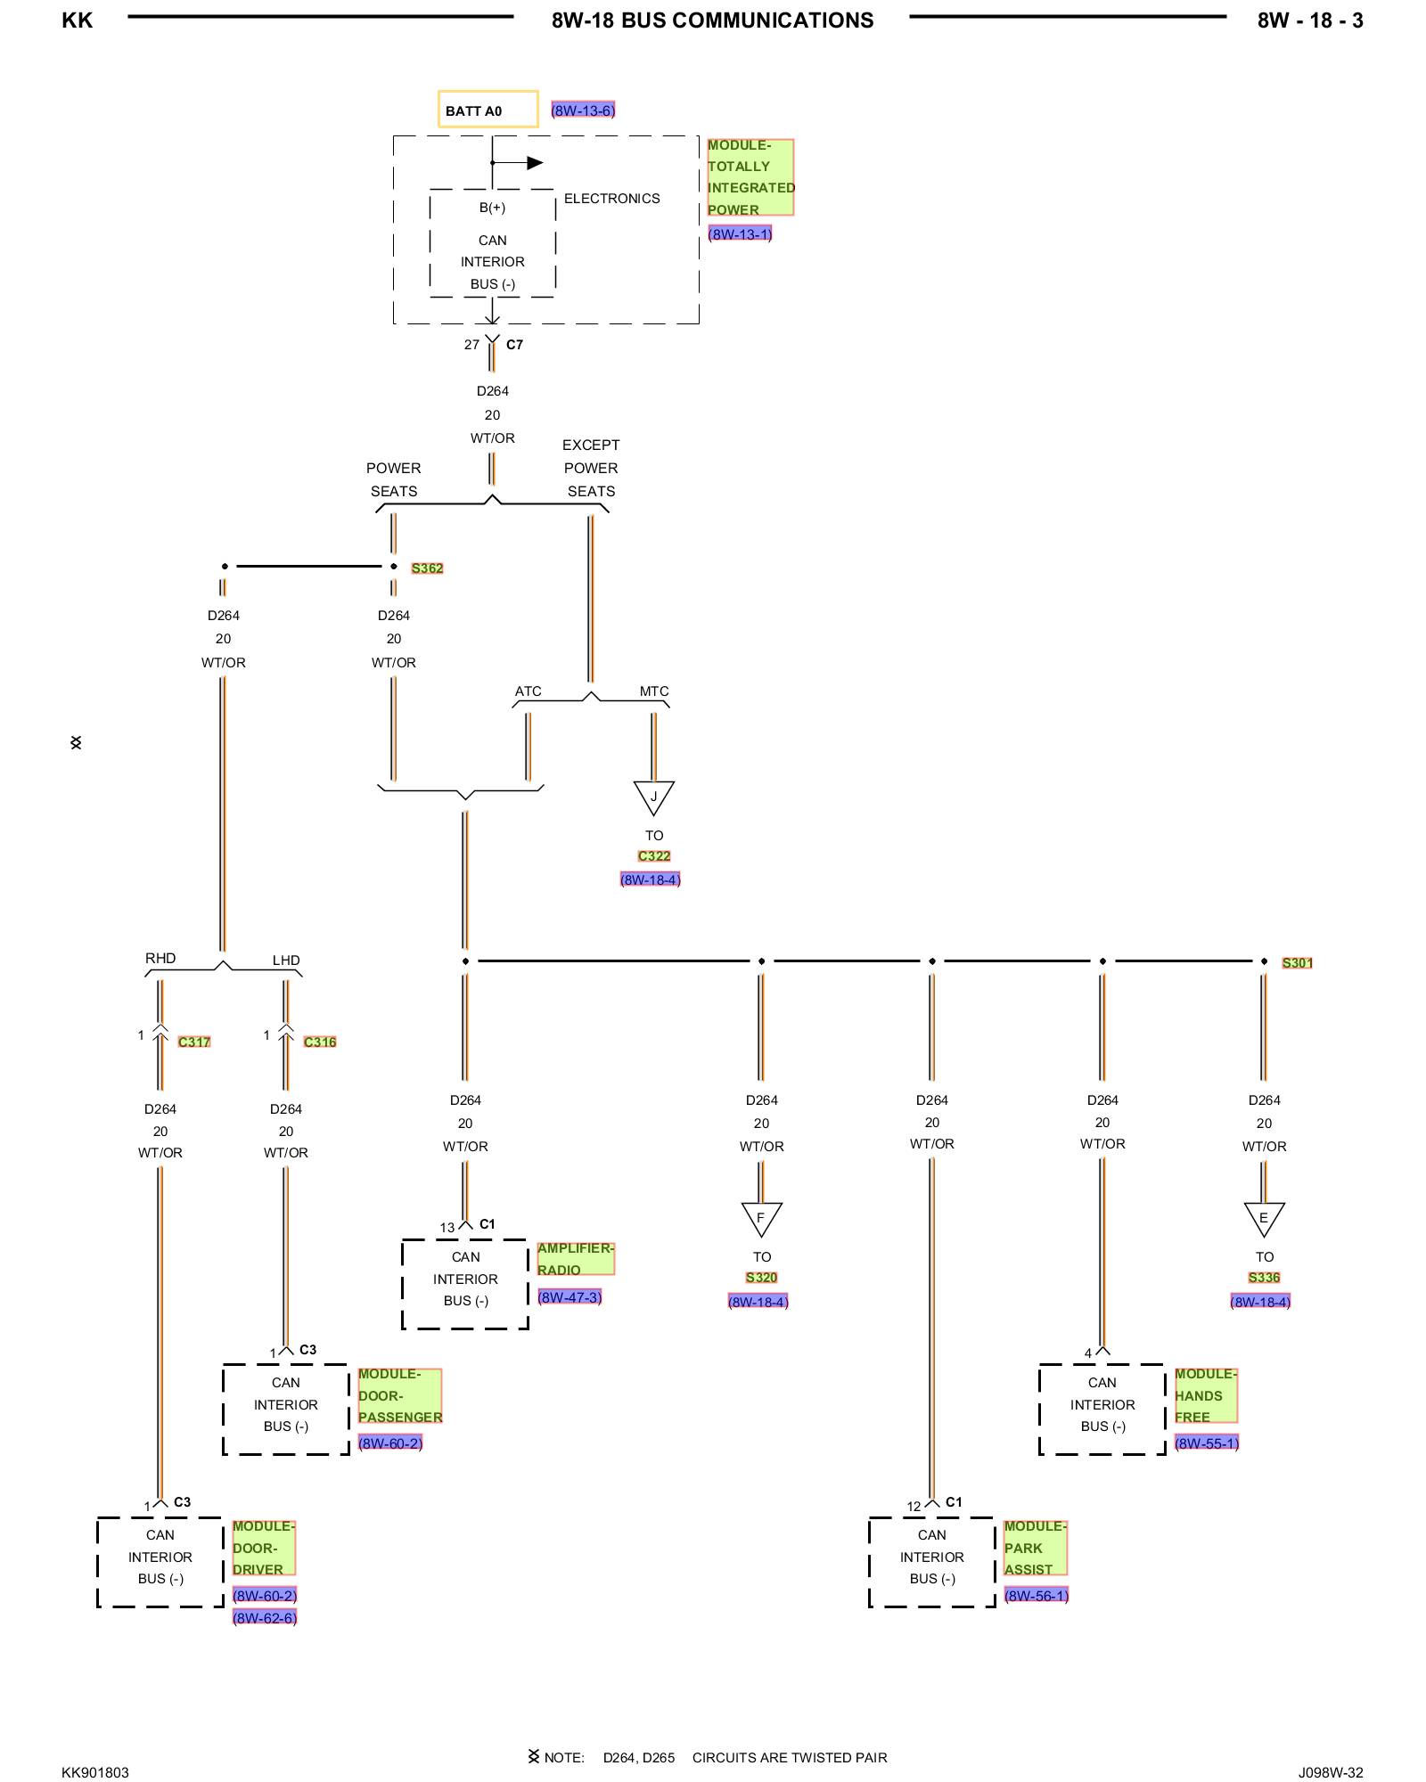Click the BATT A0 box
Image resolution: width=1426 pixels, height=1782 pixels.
click(488, 110)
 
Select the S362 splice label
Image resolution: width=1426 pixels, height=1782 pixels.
click(427, 568)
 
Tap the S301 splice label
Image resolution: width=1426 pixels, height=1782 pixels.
click(1297, 963)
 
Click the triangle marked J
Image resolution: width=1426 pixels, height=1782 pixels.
click(653, 796)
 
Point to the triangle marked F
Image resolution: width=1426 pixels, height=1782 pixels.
click(761, 1217)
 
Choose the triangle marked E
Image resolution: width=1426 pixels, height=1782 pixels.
click(1264, 1217)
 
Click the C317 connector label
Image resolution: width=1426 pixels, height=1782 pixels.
click(194, 1042)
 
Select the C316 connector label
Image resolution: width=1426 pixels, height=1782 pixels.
click(320, 1042)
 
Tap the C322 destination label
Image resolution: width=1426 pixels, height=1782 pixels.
click(654, 856)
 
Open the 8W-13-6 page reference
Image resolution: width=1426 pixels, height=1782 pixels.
click(583, 110)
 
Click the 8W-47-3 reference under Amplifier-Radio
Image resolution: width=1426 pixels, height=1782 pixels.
click(570, 1297)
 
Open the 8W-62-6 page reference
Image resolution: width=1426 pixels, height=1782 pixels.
click(265, 1617)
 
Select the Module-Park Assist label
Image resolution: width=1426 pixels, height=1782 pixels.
click(1035, 1548)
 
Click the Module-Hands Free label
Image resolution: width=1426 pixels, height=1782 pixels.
click(1205, 1395)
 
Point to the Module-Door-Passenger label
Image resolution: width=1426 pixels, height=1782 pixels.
click(399, 1395)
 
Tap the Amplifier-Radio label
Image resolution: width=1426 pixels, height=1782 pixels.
click(575, 1259)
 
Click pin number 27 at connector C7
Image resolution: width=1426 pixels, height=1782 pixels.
click(471, 345)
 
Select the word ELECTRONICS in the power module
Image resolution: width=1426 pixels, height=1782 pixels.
click(611, 199)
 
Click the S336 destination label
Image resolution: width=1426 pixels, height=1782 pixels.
click(1264, 1278)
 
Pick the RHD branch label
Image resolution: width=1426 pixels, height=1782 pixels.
click(160, 959)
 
